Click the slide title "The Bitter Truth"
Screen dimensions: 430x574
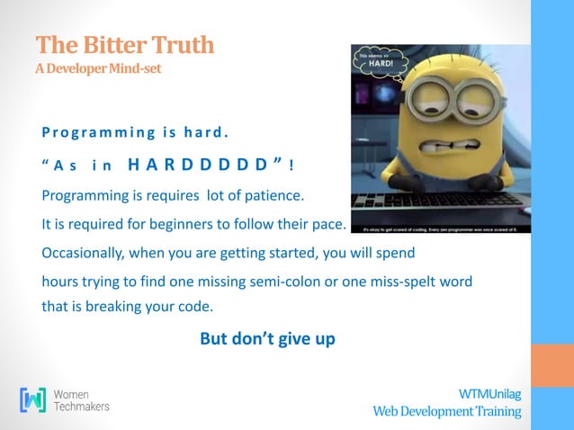pyautogui.click(x=125, y=44)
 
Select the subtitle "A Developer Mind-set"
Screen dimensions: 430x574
pyautogui.click(x=98, y=69)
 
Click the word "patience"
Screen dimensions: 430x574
pyautogui.click(x=277, y=194)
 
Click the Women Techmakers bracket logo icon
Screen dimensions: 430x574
pyautogui.click(x=33, y=399)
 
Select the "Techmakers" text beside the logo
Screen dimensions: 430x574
pyautogui.click(x=82, y=407)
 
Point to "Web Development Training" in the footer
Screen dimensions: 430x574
pyautogui.click(x=447, y=411)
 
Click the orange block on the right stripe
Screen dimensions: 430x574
pyautogui.click(x=552, y=365)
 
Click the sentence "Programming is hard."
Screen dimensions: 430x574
pyautogui.click(x=135, y=135)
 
